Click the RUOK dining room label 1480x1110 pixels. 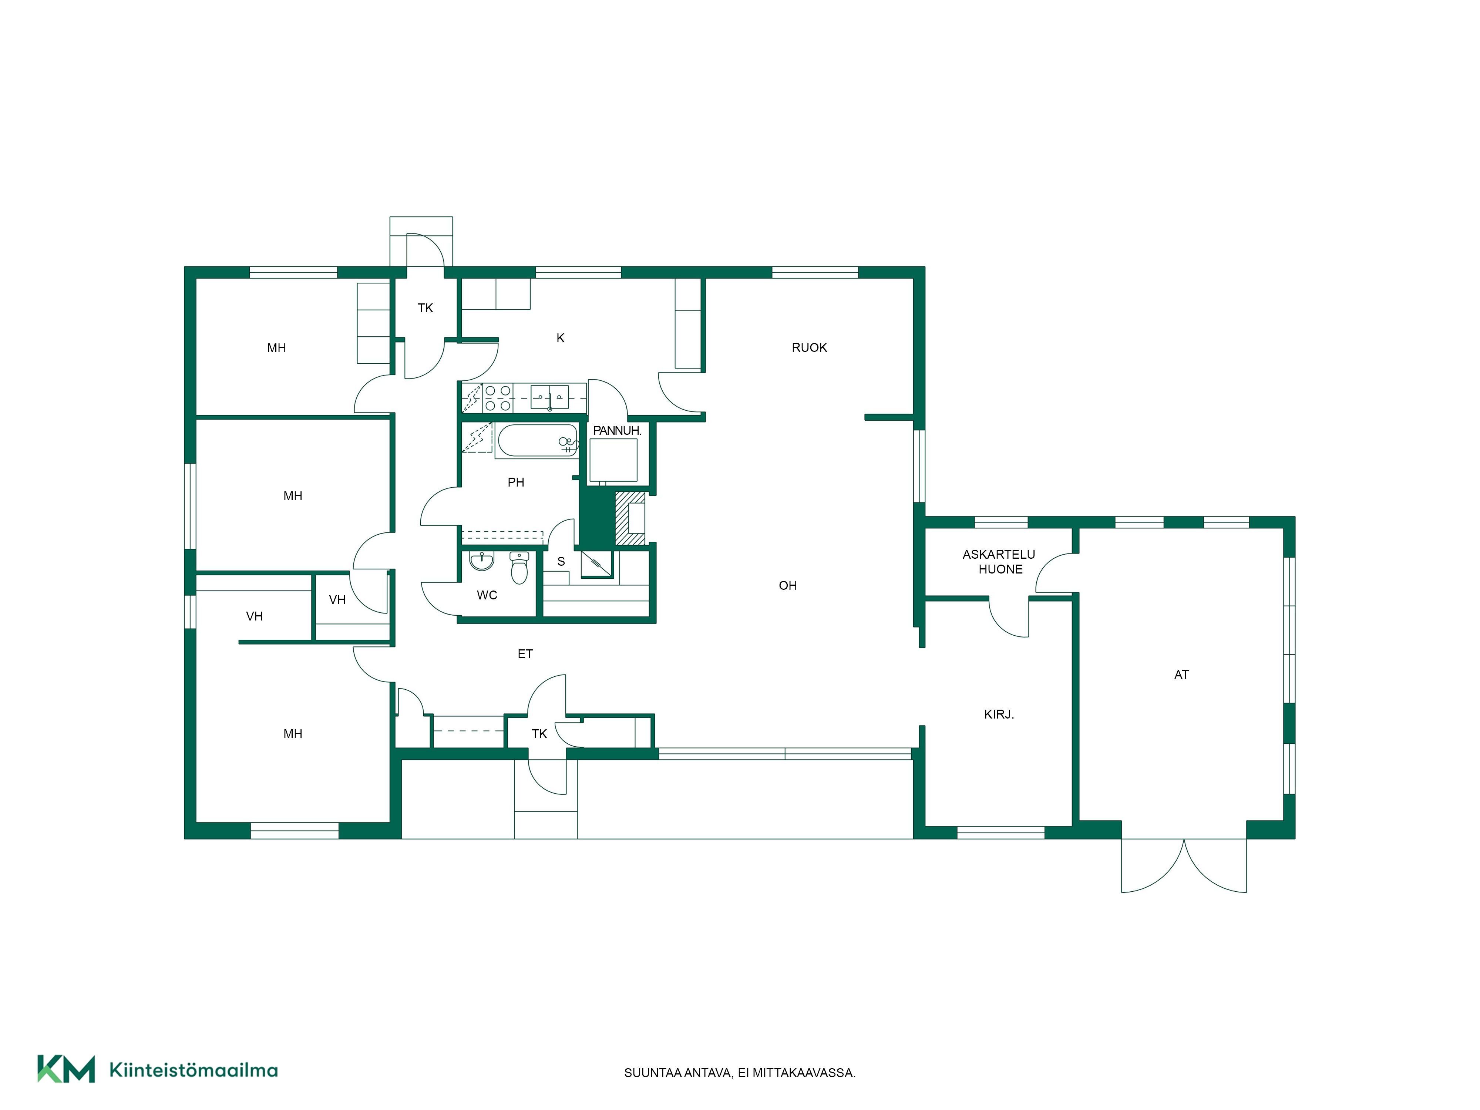[809, 347]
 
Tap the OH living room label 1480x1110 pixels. [787, 585]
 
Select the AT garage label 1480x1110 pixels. [1181, 675]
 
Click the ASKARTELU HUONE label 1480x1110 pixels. [999, 561]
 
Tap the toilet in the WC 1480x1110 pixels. [519, 567]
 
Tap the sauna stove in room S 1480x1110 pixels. [596, 564]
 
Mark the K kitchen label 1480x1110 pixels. [561, 338]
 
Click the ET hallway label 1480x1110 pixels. [525, 654]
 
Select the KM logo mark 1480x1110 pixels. [65, 1069]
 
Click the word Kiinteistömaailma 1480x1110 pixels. [194, 1070]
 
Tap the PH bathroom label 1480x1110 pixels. [516, 482]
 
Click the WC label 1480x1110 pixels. [487, 595]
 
